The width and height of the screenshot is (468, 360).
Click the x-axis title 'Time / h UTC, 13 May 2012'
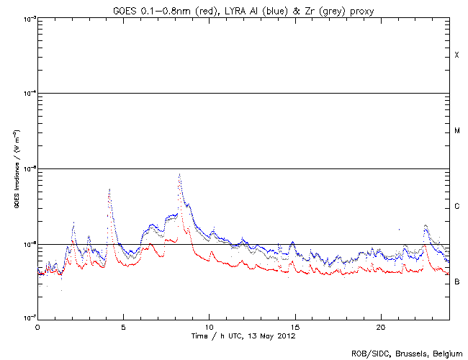pos(243,336)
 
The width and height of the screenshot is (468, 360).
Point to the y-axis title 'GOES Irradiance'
pos(15,168)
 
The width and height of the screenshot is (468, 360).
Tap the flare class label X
pos(457,55)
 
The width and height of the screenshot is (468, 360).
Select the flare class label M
pos(457,131)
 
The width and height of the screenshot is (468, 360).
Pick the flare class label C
pos(457,207)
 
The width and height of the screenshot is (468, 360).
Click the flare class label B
pos(457,282)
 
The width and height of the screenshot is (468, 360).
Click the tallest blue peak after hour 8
pos(179,175)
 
